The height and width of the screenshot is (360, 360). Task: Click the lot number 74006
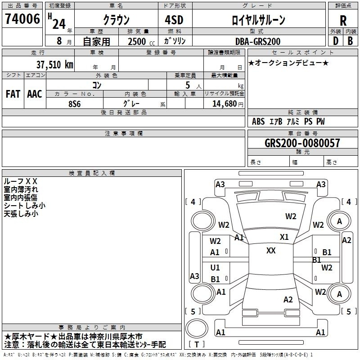22,19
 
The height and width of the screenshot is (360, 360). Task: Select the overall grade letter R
343,21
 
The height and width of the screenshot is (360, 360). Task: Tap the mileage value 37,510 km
54,64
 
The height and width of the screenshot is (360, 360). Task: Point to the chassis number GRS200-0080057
302,143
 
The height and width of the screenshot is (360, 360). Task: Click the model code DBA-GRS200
258,41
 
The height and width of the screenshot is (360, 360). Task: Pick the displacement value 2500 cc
141,41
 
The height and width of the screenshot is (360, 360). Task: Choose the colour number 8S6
75,104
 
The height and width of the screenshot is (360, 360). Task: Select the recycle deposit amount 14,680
224,104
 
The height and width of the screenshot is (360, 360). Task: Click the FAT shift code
13,94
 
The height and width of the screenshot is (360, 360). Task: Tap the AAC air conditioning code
35,94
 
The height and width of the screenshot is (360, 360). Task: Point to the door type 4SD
174,20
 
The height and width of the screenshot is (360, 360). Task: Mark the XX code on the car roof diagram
271,251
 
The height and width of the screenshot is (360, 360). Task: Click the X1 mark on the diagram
284,237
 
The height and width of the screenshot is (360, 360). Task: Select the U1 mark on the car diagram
215,267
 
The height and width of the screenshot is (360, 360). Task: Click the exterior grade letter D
336,41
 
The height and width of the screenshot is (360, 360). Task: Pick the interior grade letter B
350,41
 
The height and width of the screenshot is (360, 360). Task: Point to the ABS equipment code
258,121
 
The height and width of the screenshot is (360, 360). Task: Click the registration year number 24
59,24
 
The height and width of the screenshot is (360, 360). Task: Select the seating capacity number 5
188,85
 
